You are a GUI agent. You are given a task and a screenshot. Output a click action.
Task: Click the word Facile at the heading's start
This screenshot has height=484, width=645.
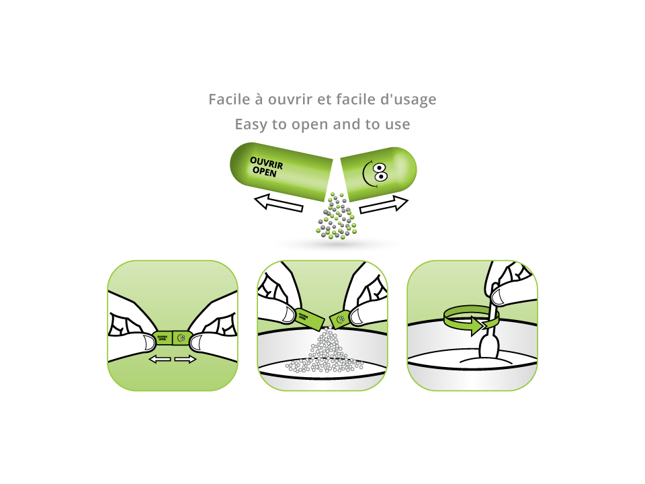click(x=228, y=99)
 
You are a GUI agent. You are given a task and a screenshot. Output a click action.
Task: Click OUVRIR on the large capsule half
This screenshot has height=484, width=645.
click(x=266, y=163)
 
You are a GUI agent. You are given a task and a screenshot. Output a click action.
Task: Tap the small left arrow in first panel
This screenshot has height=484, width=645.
click(x=160, y=360)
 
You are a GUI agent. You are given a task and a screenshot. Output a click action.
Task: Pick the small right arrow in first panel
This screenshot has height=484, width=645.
click(x=185, y=360)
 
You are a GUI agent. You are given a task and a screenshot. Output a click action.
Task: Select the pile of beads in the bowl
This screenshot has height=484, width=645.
click(x=325, y=353)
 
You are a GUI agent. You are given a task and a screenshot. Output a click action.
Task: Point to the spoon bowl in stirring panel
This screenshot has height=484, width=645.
click(x=488, y=348)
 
